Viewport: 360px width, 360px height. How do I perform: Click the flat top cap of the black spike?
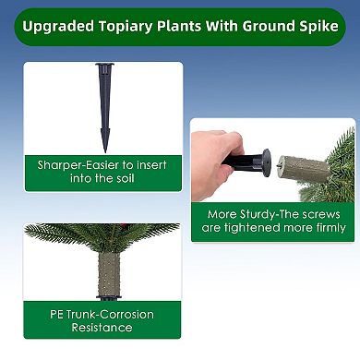point(104,66)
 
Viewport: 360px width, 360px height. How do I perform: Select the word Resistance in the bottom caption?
point(102,328)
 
